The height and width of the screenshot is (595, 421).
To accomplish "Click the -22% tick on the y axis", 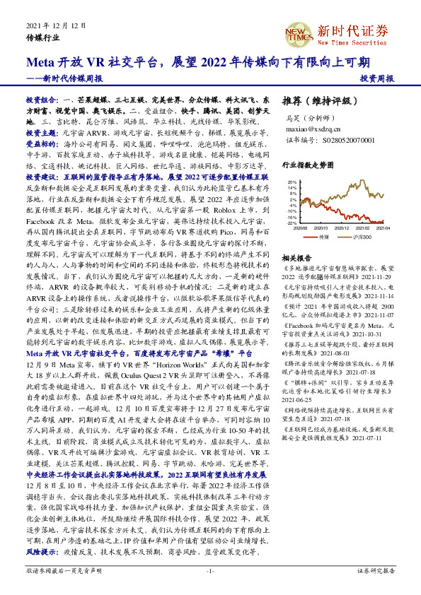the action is (292, 223).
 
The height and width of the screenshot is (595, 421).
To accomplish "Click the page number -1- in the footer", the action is (210, 570).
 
